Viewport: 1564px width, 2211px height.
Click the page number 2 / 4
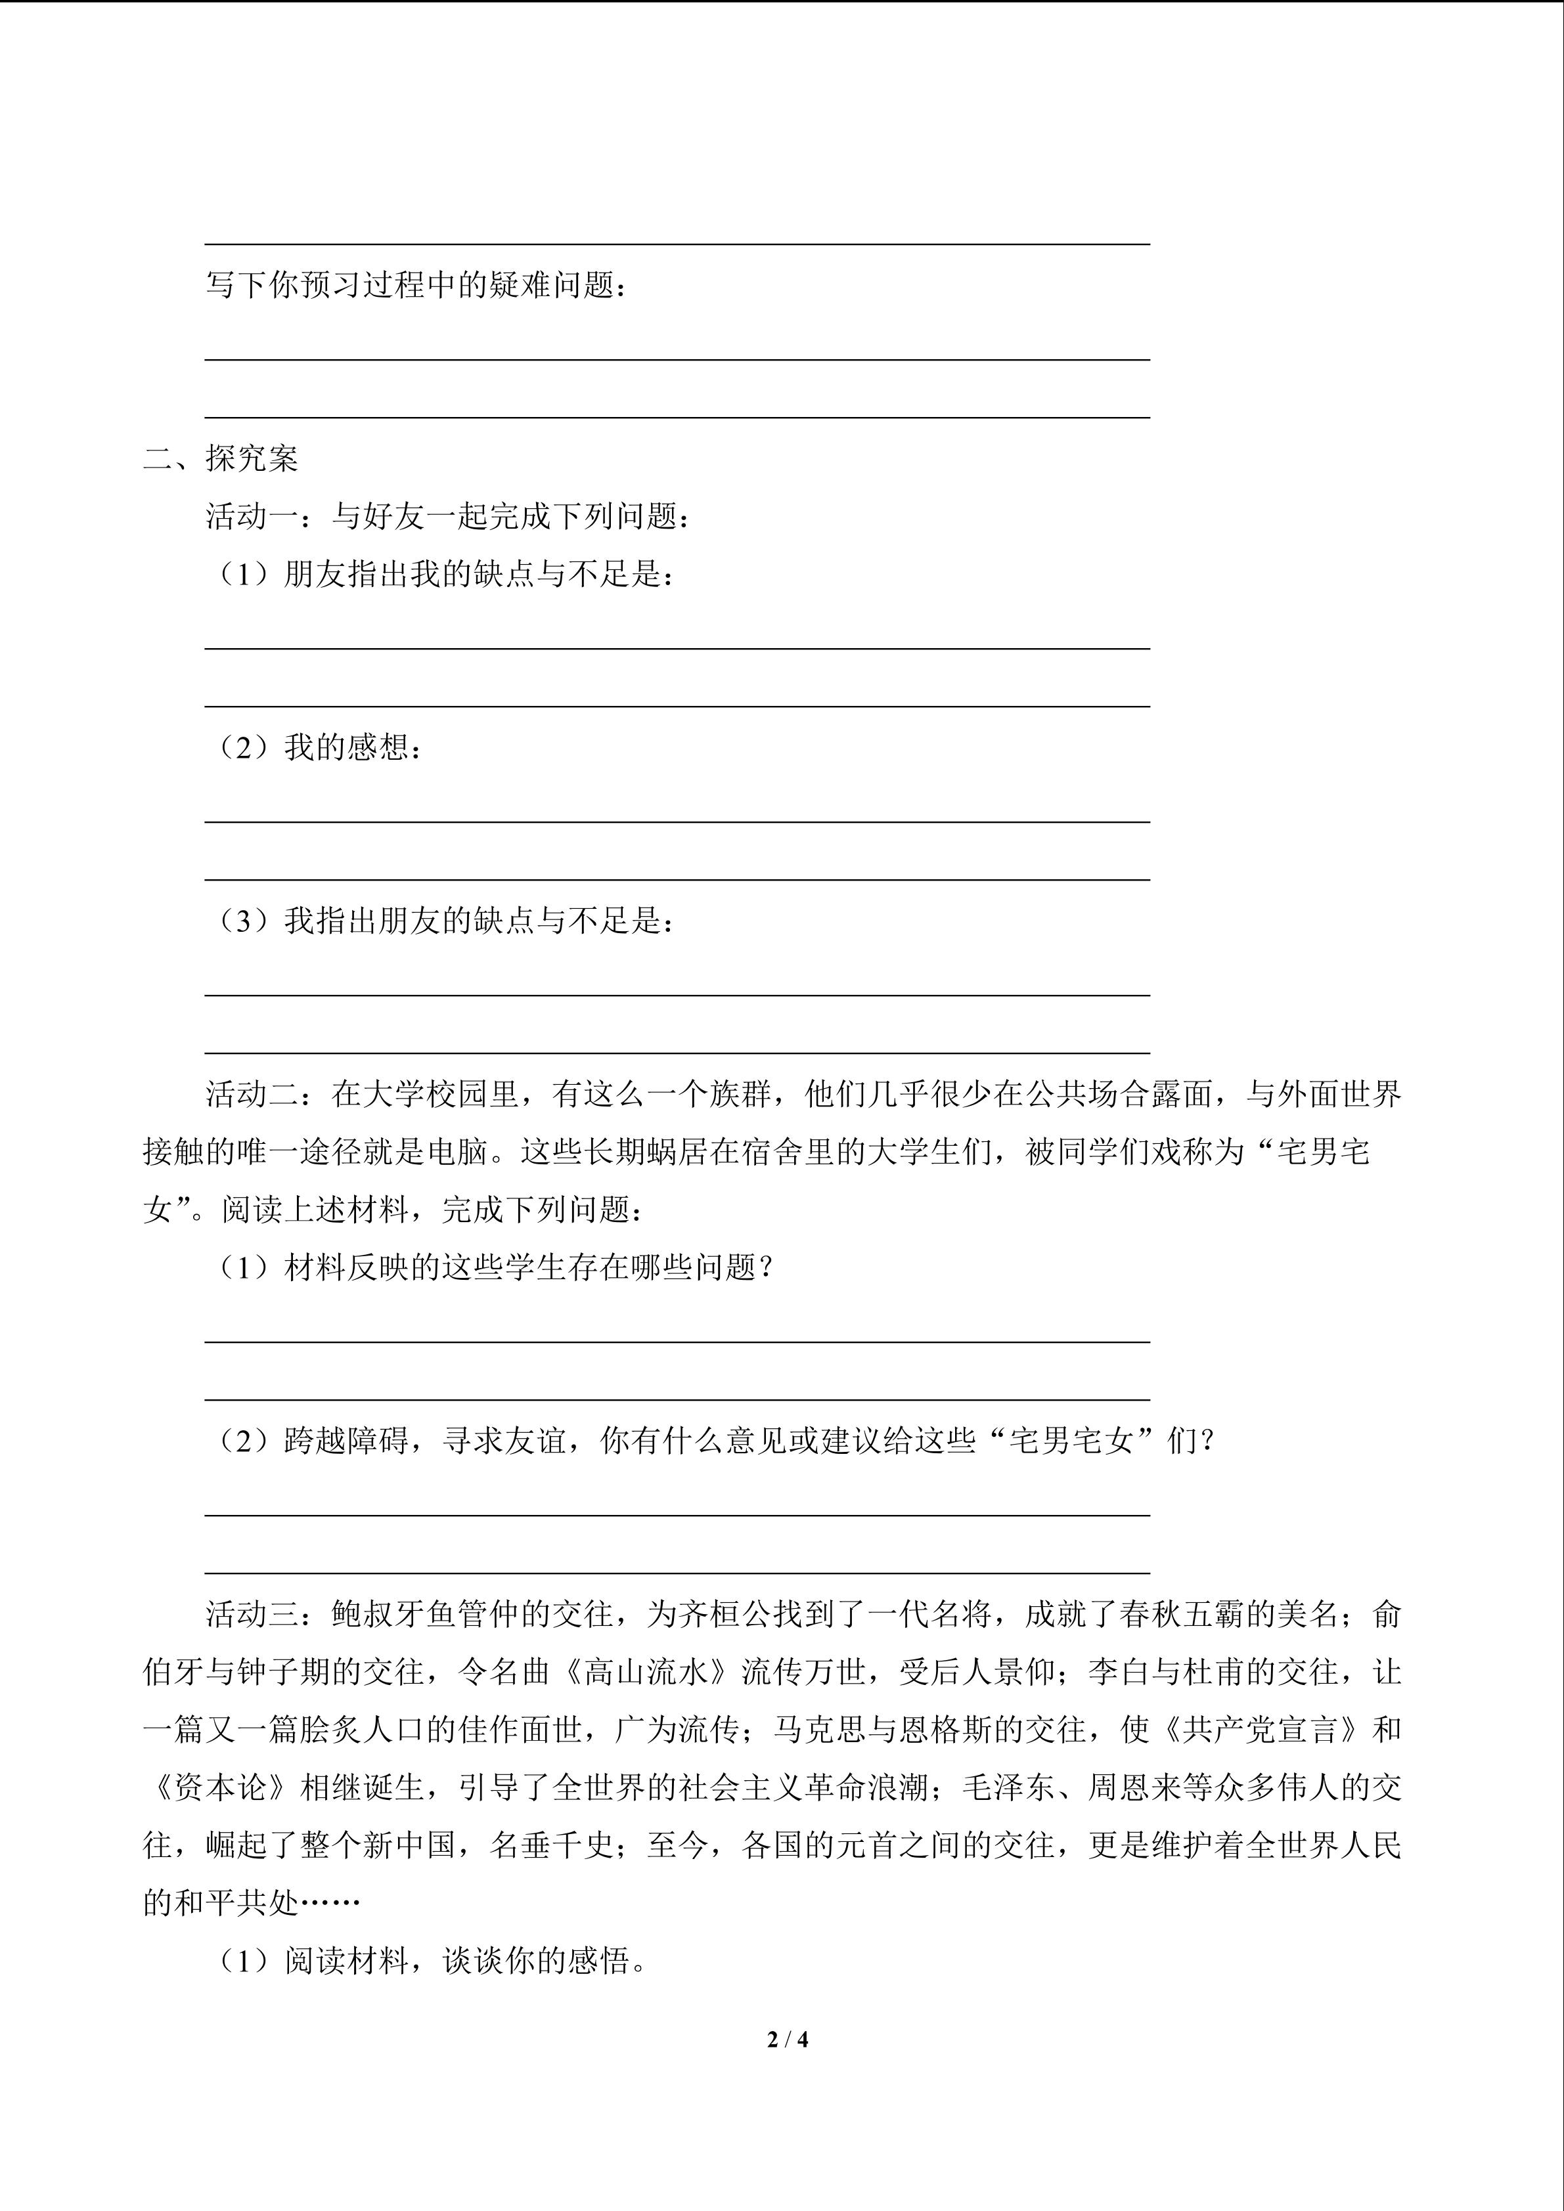click(787, 2039)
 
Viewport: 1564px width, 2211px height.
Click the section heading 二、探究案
click(221, 458)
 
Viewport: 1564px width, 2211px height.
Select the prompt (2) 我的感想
click(318, 747)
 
